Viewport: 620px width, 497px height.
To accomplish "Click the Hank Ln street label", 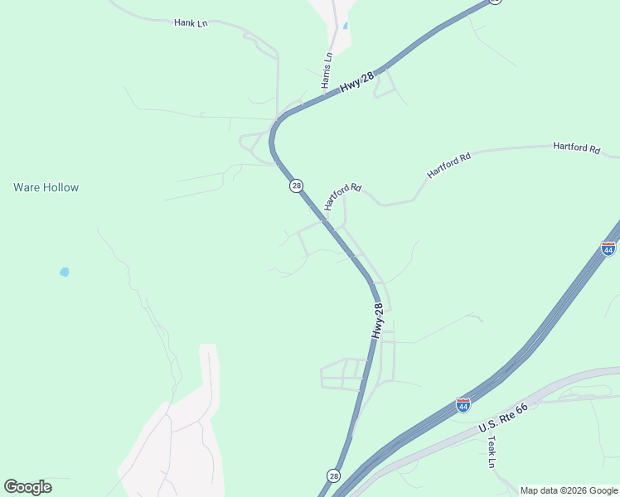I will [191, 23].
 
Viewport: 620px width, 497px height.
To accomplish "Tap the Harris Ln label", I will [327, 70].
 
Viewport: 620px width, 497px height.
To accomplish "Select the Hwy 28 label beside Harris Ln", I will [357, 81].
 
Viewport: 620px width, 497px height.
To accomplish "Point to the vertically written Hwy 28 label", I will [378, 321].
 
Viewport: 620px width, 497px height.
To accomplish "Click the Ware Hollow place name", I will [46, 187].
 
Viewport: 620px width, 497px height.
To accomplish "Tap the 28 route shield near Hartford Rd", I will [296, 186].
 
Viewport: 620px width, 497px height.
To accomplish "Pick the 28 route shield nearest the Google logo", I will [332, 475].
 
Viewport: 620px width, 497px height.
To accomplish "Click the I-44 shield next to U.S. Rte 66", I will [463, 406].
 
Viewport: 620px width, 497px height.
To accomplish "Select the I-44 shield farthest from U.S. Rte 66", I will [608, 248].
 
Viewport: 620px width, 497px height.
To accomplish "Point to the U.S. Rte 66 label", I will [503, 417].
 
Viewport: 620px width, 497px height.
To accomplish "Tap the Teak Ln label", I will [492, 453].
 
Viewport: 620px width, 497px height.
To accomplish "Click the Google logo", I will [27, 487].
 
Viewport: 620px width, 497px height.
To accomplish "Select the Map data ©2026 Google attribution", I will [569, 490].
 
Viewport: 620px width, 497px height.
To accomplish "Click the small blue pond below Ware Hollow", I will [64, 272].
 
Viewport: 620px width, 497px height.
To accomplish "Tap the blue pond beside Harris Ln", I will [345, 26].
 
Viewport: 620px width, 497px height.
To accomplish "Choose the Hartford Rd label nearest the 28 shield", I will [343, 197].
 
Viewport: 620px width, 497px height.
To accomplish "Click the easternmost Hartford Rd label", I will [576, 147].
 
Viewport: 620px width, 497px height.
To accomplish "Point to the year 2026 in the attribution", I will [572, 490].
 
